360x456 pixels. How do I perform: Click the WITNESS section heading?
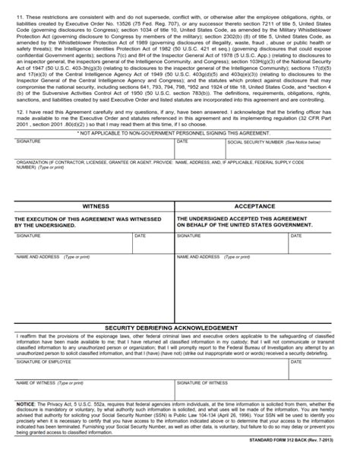point(95,206)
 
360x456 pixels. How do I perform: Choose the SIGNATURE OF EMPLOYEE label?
point(45,362)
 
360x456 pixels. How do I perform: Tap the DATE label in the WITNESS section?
point(141,236)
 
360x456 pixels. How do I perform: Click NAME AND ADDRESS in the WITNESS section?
point(38,257)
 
